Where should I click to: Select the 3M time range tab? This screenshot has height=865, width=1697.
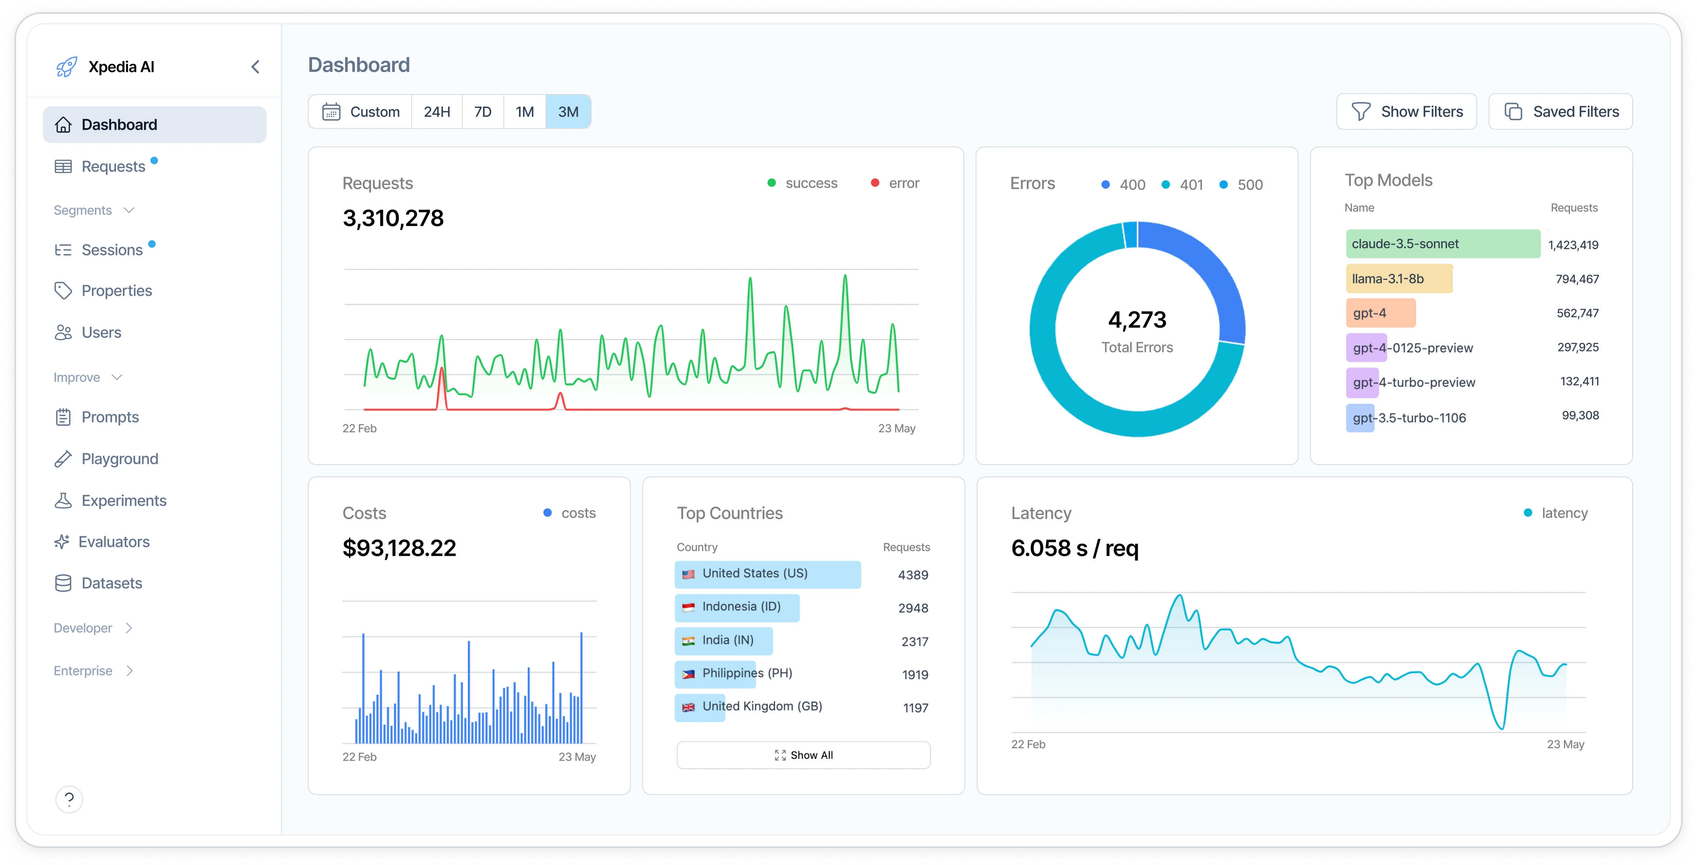click(x=568, y=112)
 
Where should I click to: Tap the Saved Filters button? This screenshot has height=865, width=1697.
click(x=1560, y=112)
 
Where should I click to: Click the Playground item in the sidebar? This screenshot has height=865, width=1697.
click(x=119, y=459)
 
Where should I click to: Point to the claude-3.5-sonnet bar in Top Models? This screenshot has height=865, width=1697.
click(x=1442, y=244)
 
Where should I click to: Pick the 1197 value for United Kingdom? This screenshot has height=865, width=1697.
click(x=915, y=708)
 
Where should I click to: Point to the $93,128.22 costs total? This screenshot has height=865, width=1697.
click(x=399, y=548)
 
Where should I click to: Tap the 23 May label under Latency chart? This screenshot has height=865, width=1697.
click(x=1565, y=744)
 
